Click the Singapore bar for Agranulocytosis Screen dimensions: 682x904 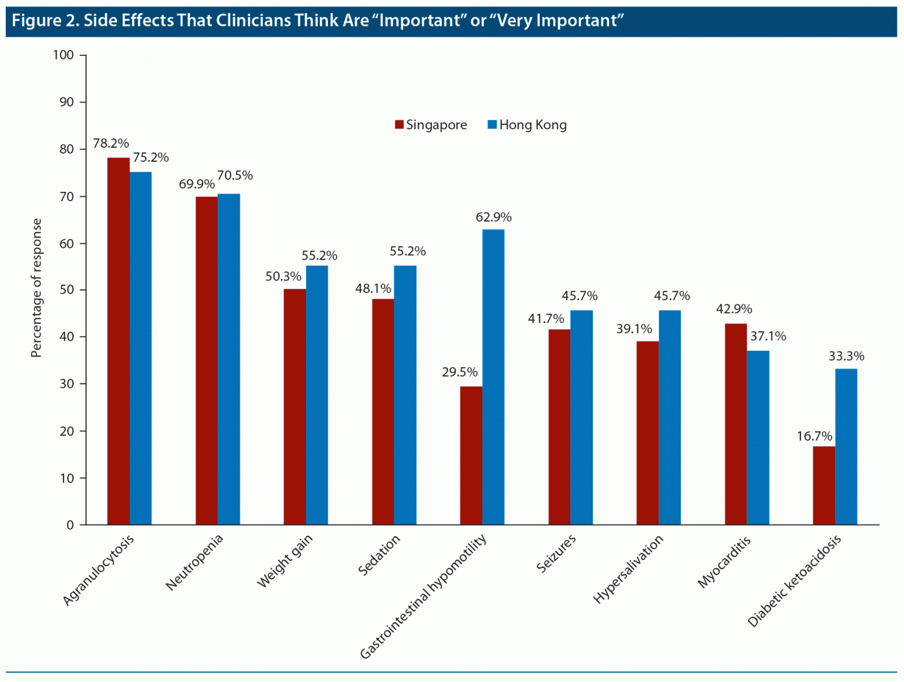[x=118, y=341]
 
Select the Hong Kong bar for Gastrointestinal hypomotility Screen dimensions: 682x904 [x=493, y=377]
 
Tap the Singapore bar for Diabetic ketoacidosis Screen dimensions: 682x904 [x=824, y=485]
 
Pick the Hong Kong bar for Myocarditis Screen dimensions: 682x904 [x=758, y=438]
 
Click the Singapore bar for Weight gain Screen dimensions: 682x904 [x=295, y=407]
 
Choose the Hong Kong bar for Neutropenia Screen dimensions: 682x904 [x=229, y=359]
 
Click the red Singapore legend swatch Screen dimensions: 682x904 [x=399, y=125]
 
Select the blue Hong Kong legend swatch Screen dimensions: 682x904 [x=493, y=125]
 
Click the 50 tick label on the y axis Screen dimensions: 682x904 [x=67, y=290]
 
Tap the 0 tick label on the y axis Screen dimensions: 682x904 [x=70, y=525]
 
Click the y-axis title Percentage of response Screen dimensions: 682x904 [x=36, y=288]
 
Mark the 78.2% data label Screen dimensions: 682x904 [x=111, y=144]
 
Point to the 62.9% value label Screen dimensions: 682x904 [x=494, y=218]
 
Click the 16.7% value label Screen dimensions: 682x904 [x=815, y=437]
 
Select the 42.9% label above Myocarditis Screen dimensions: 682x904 [x=734, y=310]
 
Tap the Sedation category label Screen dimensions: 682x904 [x=380, y=555]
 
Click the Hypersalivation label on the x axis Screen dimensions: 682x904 [x=628, y=569]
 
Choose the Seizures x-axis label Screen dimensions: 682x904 [x=556, y=554]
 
